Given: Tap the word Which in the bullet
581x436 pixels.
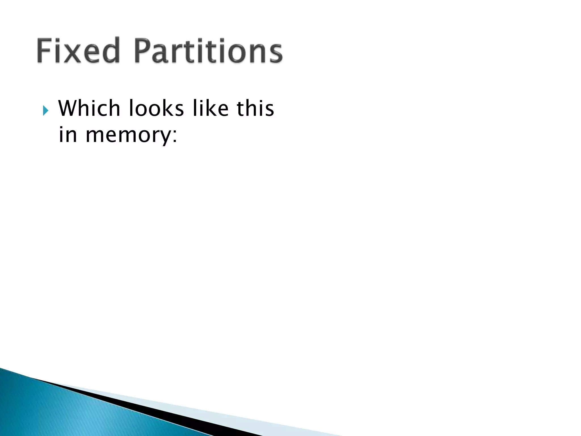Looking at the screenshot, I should [x=89, y=108].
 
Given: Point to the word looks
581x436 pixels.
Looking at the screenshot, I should [x=156, y=108].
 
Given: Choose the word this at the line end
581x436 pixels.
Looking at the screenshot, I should [x=255, y=108].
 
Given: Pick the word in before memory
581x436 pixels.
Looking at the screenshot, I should [x=68, y=135].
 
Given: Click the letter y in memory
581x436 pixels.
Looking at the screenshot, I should [x=165, y=137].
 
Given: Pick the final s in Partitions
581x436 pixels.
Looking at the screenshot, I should [x=274, y=54].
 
